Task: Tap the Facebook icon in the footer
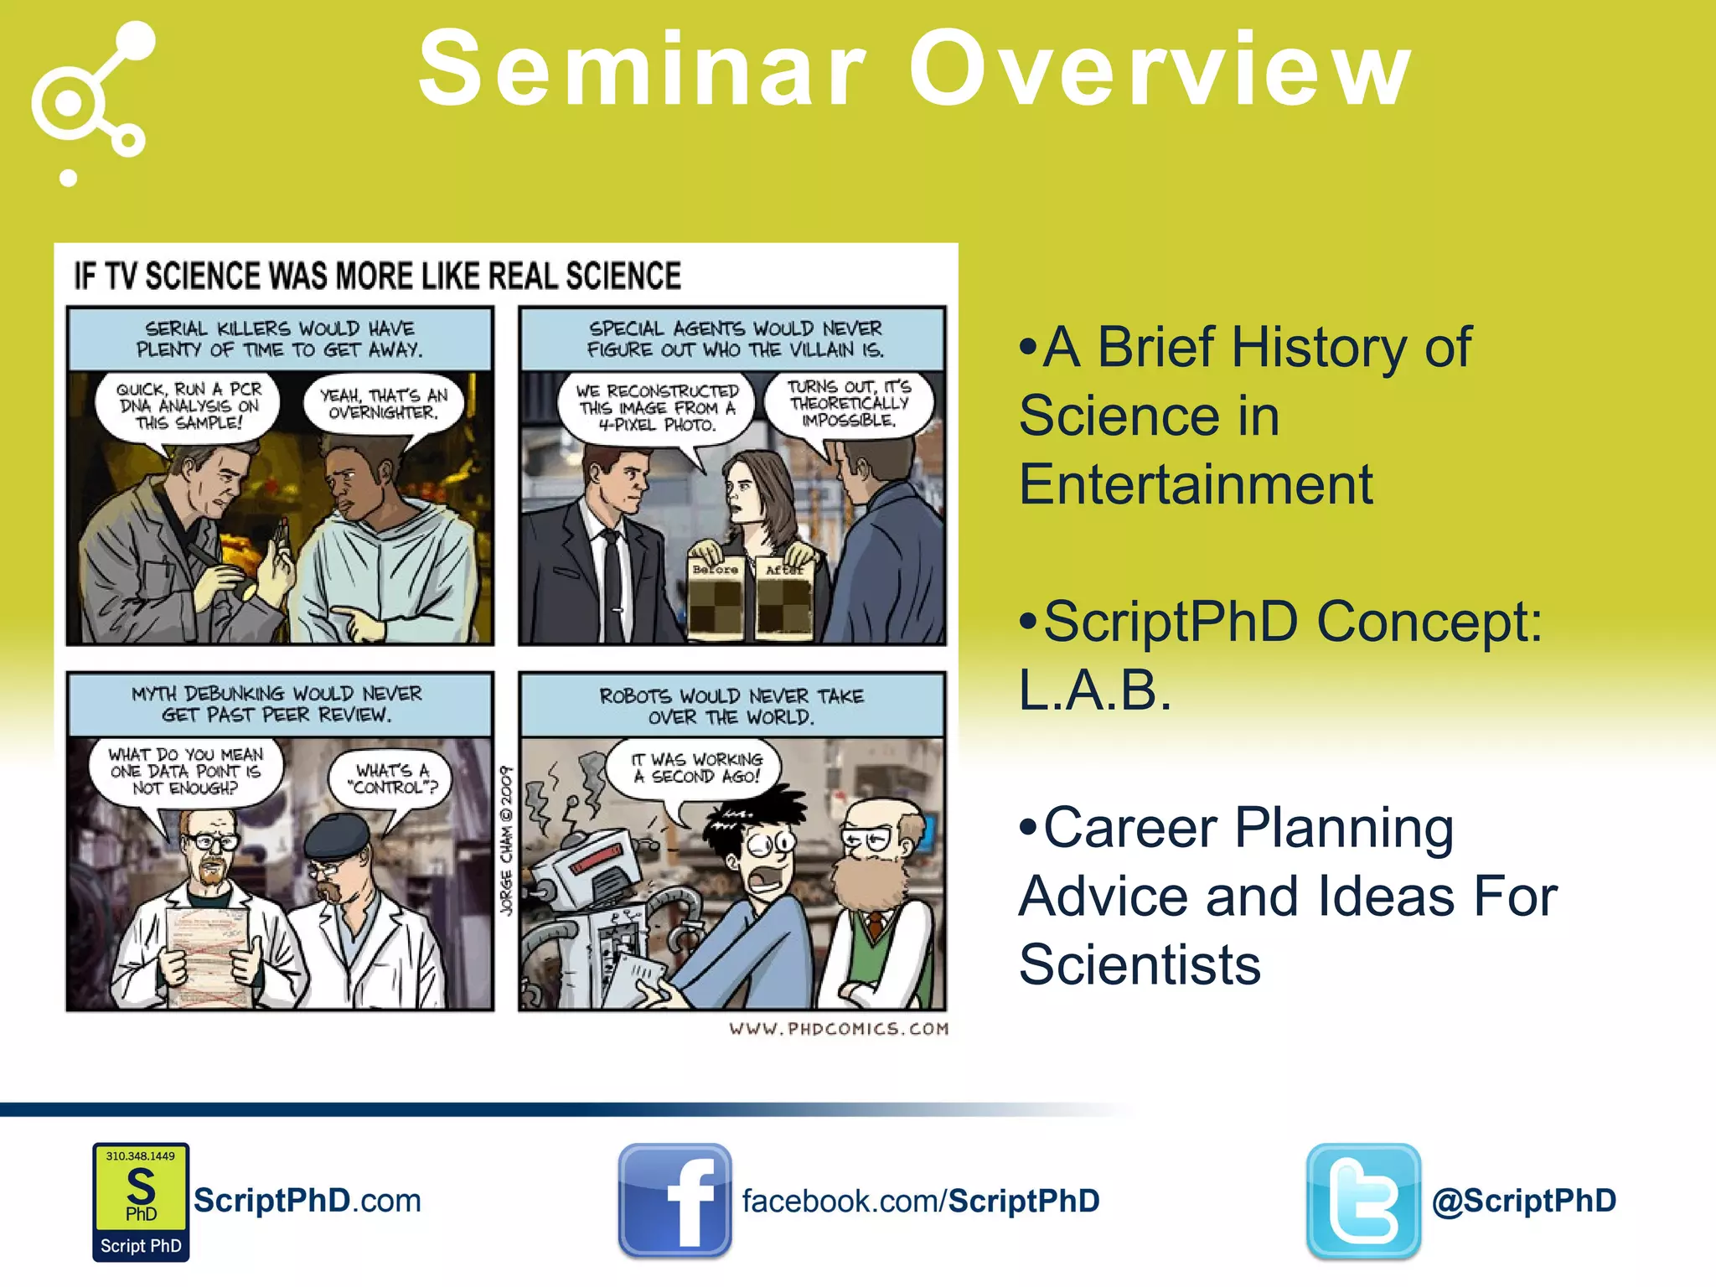675,1201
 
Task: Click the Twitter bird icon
1363,1201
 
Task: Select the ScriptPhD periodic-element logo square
141,1201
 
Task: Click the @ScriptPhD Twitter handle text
1524,1201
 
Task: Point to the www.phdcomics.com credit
838,1028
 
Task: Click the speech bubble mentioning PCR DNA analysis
189,406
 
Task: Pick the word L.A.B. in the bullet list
1094,690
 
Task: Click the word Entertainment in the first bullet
1196,484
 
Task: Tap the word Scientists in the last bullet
1140,964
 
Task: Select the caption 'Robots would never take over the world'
731,706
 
